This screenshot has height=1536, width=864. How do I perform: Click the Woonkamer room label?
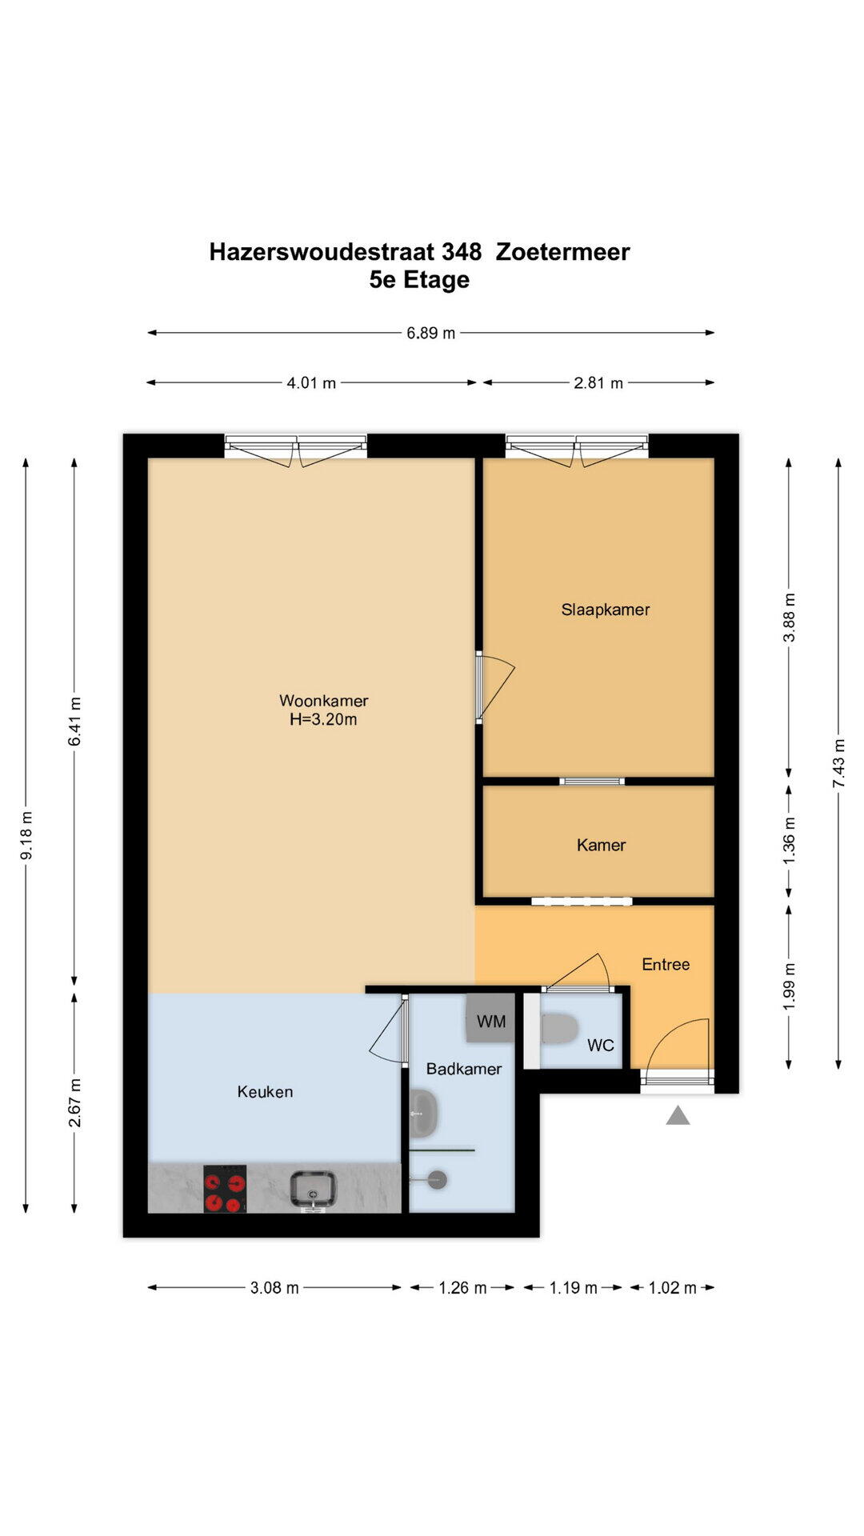click(x=323, y=701)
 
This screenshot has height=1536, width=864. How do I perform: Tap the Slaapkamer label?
click(x=606, y=610)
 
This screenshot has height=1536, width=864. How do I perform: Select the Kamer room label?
click(x=601, y=845)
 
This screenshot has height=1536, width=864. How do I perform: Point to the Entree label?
click(x=666, y=964)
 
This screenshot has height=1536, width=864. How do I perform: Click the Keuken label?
click(x=265, y=1091)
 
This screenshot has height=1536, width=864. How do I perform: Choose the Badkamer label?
click(x=464, y=1069)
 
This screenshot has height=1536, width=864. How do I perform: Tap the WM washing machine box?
click(x=490, y=1018)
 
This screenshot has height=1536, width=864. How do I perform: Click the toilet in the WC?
click(x=559, y=1029)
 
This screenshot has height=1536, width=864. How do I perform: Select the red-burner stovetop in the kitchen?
click(x=225, y=1189)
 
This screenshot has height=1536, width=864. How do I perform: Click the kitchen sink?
click(x=313, y=1190)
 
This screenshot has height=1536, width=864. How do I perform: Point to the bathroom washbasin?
click(x=424, y=1114)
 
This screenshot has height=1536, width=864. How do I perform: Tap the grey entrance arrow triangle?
click(x=678, y=1115)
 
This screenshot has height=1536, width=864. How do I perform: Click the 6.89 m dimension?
click(x=430, y=333)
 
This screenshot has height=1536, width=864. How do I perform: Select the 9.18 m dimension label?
click(x=26, y=835)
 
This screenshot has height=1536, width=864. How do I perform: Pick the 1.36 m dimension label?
click(x=790, y=839)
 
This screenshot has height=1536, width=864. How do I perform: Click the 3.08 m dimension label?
click(x=274, y=1287)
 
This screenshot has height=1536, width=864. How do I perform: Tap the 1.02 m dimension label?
click(x=672, y=1287)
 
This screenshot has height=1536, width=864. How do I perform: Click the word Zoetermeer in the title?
click(x=563, y=252)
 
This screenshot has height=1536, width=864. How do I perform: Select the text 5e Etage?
click(x=419, y=280)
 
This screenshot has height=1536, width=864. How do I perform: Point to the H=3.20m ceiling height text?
click(x=323, y=719)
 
